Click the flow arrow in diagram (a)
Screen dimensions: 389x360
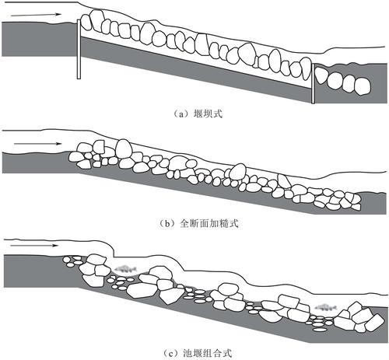coord(36,15)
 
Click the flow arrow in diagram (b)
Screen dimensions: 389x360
coord(38,143)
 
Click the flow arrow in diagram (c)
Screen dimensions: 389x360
coord(34,245)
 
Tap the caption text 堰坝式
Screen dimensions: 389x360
coord(208,114)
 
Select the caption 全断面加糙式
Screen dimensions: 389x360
coord(209,223)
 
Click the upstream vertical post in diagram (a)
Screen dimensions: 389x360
coord(79,49)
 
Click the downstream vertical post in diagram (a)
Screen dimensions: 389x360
coord(313,83)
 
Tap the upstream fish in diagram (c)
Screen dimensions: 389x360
coord(126,269)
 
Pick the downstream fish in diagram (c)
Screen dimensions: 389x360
coord(325,308)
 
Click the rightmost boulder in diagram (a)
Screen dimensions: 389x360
coord(363,86)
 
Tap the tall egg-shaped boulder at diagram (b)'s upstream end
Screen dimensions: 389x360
coord(124,149)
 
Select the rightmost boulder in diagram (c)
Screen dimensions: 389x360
coord(374,322)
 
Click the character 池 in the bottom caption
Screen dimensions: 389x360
coord(187,353)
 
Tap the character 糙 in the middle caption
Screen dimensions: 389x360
coord(223,223)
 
